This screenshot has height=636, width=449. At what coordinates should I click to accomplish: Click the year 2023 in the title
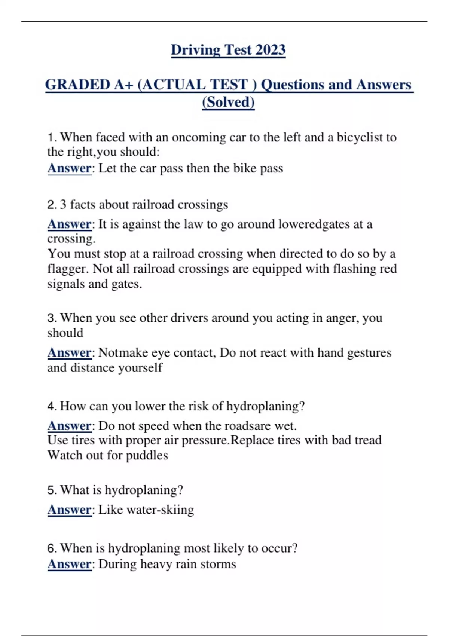tap(271, 50)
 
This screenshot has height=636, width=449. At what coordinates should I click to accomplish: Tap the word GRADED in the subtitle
tap(77, 85)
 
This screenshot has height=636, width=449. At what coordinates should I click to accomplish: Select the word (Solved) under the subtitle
tap(228, 102)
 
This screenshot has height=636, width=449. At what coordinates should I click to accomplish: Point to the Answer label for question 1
tap(69, 168)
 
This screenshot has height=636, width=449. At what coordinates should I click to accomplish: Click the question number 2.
tap(51, 205)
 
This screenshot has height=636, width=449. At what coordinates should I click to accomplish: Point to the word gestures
tap(369, 352)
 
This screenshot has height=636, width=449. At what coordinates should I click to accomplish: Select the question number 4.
tap(51, 406)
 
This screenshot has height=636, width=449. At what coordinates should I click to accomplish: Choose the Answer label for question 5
tap(69, 510)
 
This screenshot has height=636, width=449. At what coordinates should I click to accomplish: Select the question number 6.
tap(51, 548)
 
